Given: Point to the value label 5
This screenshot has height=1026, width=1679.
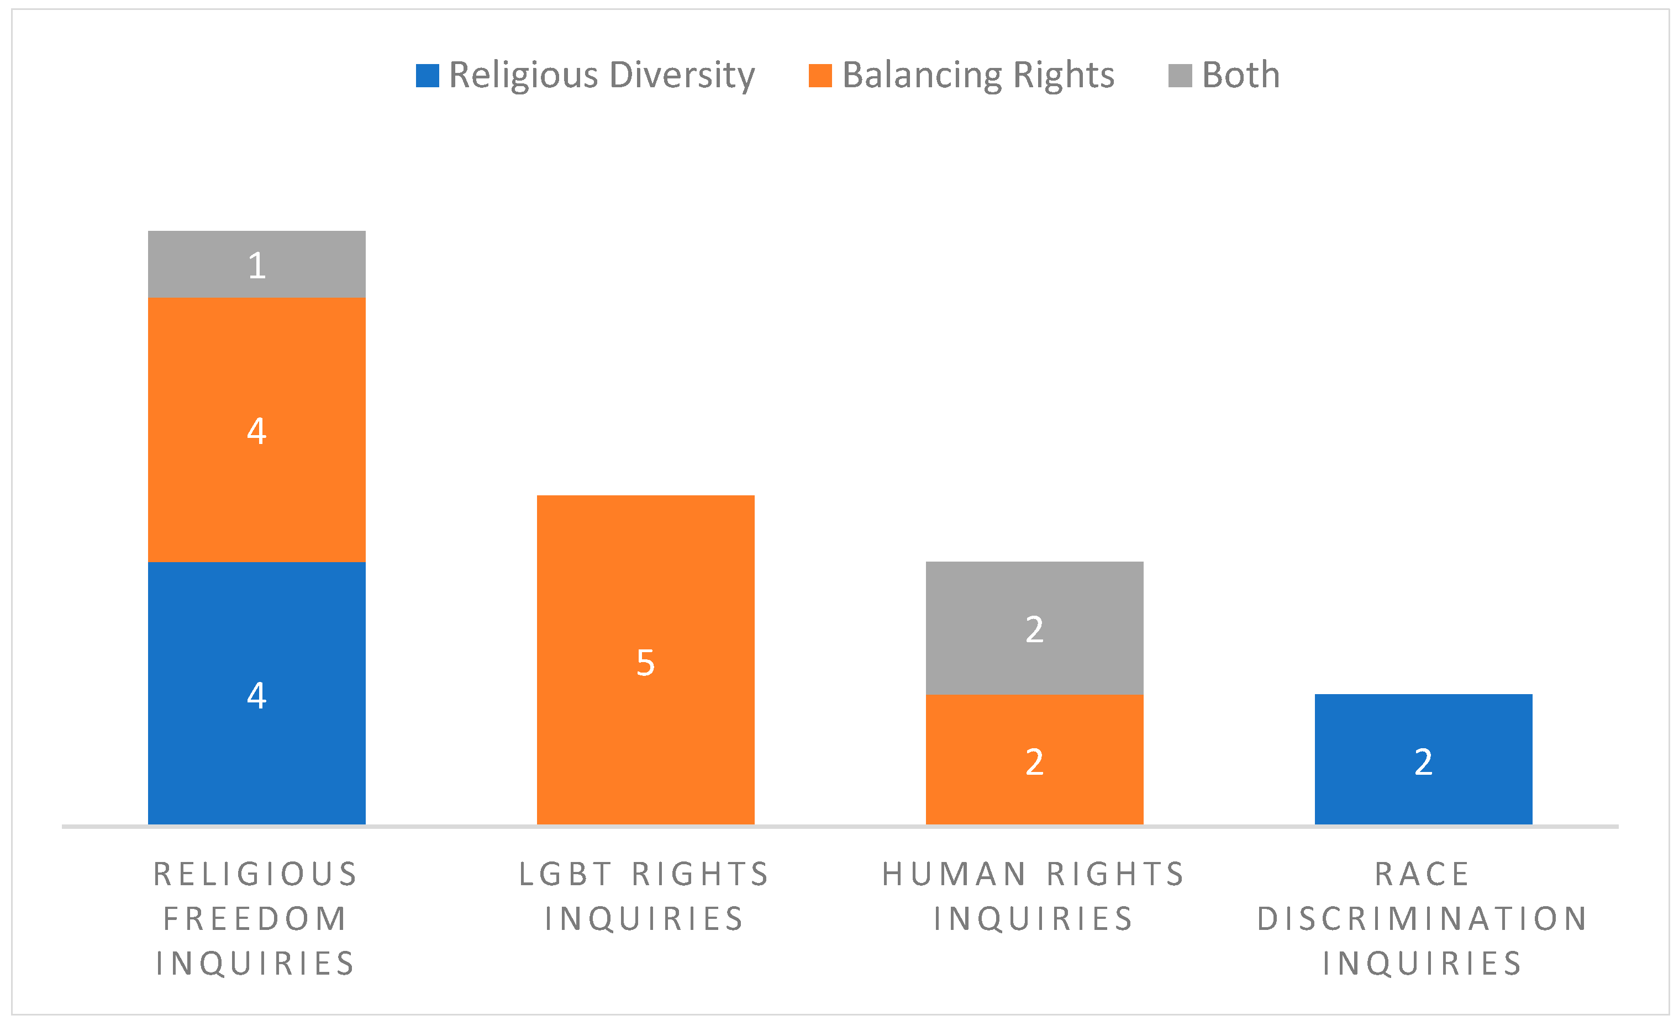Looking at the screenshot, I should pos(645,663).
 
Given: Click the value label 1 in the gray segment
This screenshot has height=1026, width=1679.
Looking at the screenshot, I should pos(257,265).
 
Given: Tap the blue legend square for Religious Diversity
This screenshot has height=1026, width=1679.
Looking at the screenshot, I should pos(427,76).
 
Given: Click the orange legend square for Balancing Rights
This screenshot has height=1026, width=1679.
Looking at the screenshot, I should pos(820,76).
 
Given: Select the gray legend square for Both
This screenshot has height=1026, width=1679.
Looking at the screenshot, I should pos(1180,76).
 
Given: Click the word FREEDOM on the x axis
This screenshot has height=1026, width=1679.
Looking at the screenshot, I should pos(256,918).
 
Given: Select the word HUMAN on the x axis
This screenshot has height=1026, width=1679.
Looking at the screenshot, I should pos(954,874).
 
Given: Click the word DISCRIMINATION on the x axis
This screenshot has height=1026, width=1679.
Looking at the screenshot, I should pos(1423,918).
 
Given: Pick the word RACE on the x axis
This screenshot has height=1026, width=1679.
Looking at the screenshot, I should pos(1423,874).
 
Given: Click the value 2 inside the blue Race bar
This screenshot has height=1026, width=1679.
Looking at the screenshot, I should pos(1423,761).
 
